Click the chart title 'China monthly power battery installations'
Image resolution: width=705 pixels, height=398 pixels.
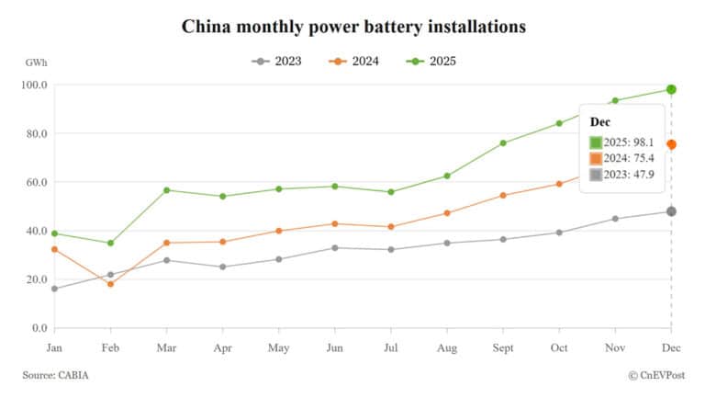point(352,26)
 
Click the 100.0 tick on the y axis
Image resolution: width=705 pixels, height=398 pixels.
point(34,85)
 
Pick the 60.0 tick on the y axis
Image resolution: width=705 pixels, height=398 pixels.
point(36,182)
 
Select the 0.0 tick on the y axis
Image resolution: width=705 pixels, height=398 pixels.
point(39,328)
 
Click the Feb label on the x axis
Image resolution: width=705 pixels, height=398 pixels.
point(110,348)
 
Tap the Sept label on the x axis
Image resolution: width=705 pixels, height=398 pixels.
point(503,348)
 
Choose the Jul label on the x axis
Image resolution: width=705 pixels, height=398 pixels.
point(391,348)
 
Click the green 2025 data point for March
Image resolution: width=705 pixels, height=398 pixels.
point(166,190)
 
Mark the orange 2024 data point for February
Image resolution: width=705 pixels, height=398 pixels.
point(110,284)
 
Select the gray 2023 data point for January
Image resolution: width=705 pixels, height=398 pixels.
point(54,289)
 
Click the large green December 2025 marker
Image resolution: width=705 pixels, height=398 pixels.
point(671,89)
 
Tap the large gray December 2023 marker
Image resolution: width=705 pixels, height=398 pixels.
point(671,211)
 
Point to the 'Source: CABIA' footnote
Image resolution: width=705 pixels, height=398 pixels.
point(57,375)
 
